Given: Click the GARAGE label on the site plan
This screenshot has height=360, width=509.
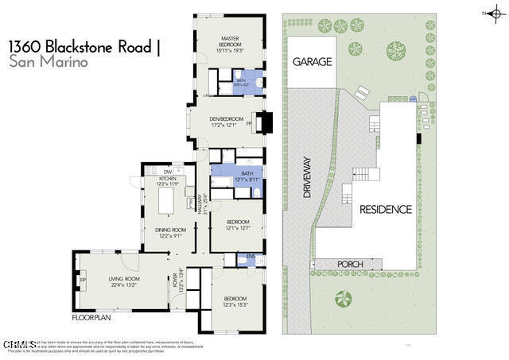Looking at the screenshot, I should pos(311,61).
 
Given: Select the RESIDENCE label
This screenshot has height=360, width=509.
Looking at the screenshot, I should pos(385,210).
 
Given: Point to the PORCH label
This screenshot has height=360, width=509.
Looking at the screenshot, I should pos(351,265).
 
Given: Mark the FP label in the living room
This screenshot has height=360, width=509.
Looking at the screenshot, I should pos(83,280).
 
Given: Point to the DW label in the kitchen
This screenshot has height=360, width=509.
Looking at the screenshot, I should pos(168,172).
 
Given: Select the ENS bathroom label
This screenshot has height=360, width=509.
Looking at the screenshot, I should pos(251,257).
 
